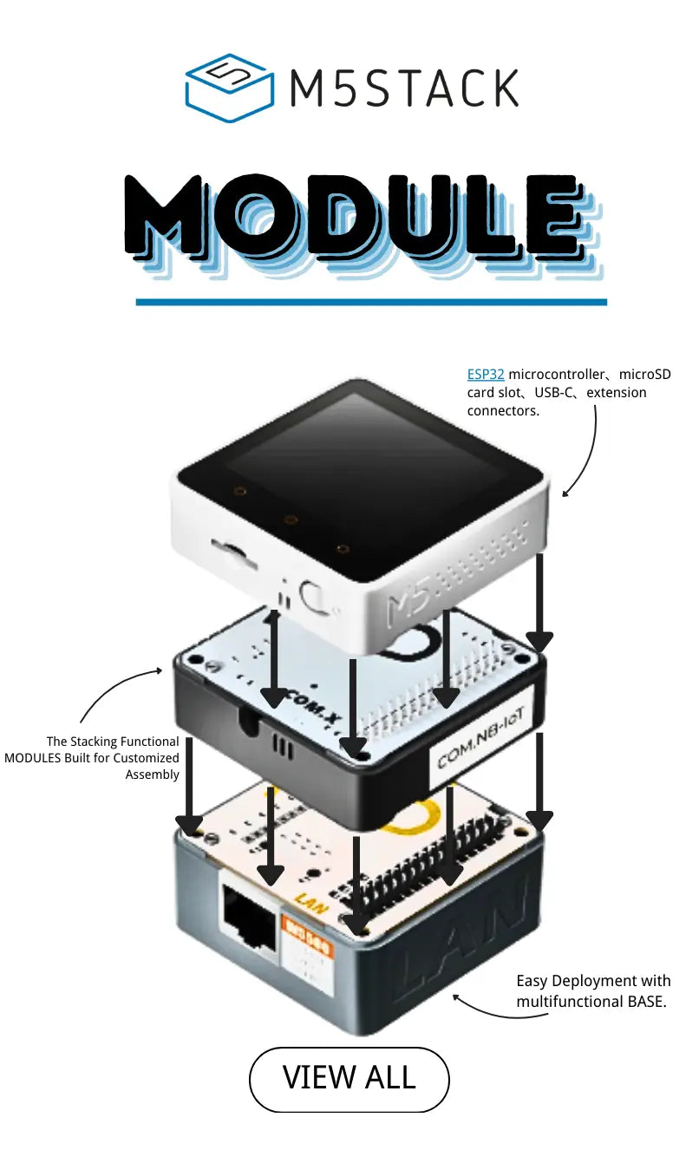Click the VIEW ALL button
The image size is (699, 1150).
(x=349, y=1080)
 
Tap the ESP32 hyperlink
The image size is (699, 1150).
(x=486, y=375)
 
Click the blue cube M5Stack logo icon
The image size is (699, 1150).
(x=230, y=88)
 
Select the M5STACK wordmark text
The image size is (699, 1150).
(x=404, y=88)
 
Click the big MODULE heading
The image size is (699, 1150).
(x=363, y=225)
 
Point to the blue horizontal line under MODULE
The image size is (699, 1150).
(x=371, y=302)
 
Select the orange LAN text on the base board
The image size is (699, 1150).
(x=311, y=904)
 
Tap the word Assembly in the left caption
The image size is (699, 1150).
(x=153, y=774)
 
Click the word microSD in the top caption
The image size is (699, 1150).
(x=644, y=375)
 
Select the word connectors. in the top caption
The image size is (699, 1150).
(x=503, y=411)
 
